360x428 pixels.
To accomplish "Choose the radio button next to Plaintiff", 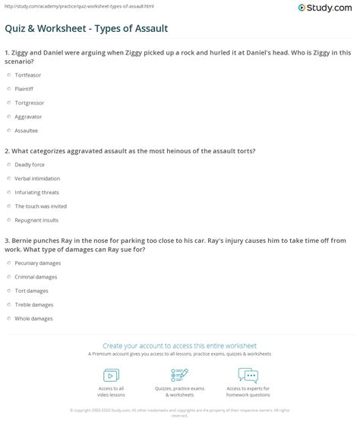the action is pos(9,89).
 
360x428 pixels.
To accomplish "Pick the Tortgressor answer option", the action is pos(9,102).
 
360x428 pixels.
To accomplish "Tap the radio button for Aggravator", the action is pos(9,116).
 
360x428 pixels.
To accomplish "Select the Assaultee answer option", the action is pos(9,130).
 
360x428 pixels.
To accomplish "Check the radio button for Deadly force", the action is pos(9,165).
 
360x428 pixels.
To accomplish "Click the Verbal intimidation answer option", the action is pos(9,178).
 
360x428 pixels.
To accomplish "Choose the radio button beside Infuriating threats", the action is pos(9,192).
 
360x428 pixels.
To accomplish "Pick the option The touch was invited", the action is pos(9,206).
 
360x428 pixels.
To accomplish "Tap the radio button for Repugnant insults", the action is pos(9,219).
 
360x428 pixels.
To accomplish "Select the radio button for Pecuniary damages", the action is pos(9,263).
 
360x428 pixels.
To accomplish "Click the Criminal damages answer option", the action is pos(9,276).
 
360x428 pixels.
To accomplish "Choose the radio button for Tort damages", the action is pos(9,290).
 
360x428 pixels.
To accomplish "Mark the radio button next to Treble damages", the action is pos(9,304).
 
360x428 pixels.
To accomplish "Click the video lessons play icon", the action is pos(111,375).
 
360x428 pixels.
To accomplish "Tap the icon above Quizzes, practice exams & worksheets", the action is pos(180,375).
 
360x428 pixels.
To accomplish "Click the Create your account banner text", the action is pos(180,345).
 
